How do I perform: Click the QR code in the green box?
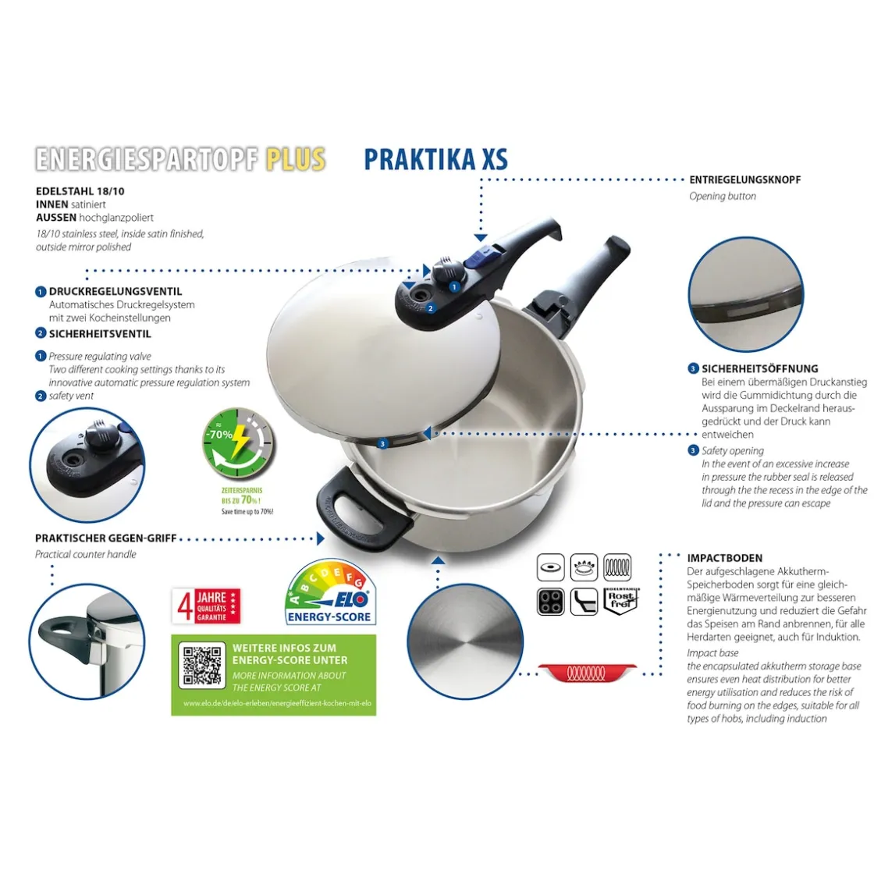202,665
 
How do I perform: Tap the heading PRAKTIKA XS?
435,159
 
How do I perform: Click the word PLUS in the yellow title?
295,159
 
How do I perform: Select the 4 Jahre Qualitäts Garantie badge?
206,606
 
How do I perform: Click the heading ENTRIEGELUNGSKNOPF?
744,179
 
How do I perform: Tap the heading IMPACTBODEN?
724,558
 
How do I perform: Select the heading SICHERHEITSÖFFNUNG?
759,368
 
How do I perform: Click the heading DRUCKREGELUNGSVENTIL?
115,291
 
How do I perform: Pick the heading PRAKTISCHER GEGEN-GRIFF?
106,538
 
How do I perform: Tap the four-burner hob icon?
550,601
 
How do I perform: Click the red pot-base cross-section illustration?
588,673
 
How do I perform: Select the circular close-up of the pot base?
465,641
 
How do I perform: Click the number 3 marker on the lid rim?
382,443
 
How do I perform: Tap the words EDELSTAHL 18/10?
80,191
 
